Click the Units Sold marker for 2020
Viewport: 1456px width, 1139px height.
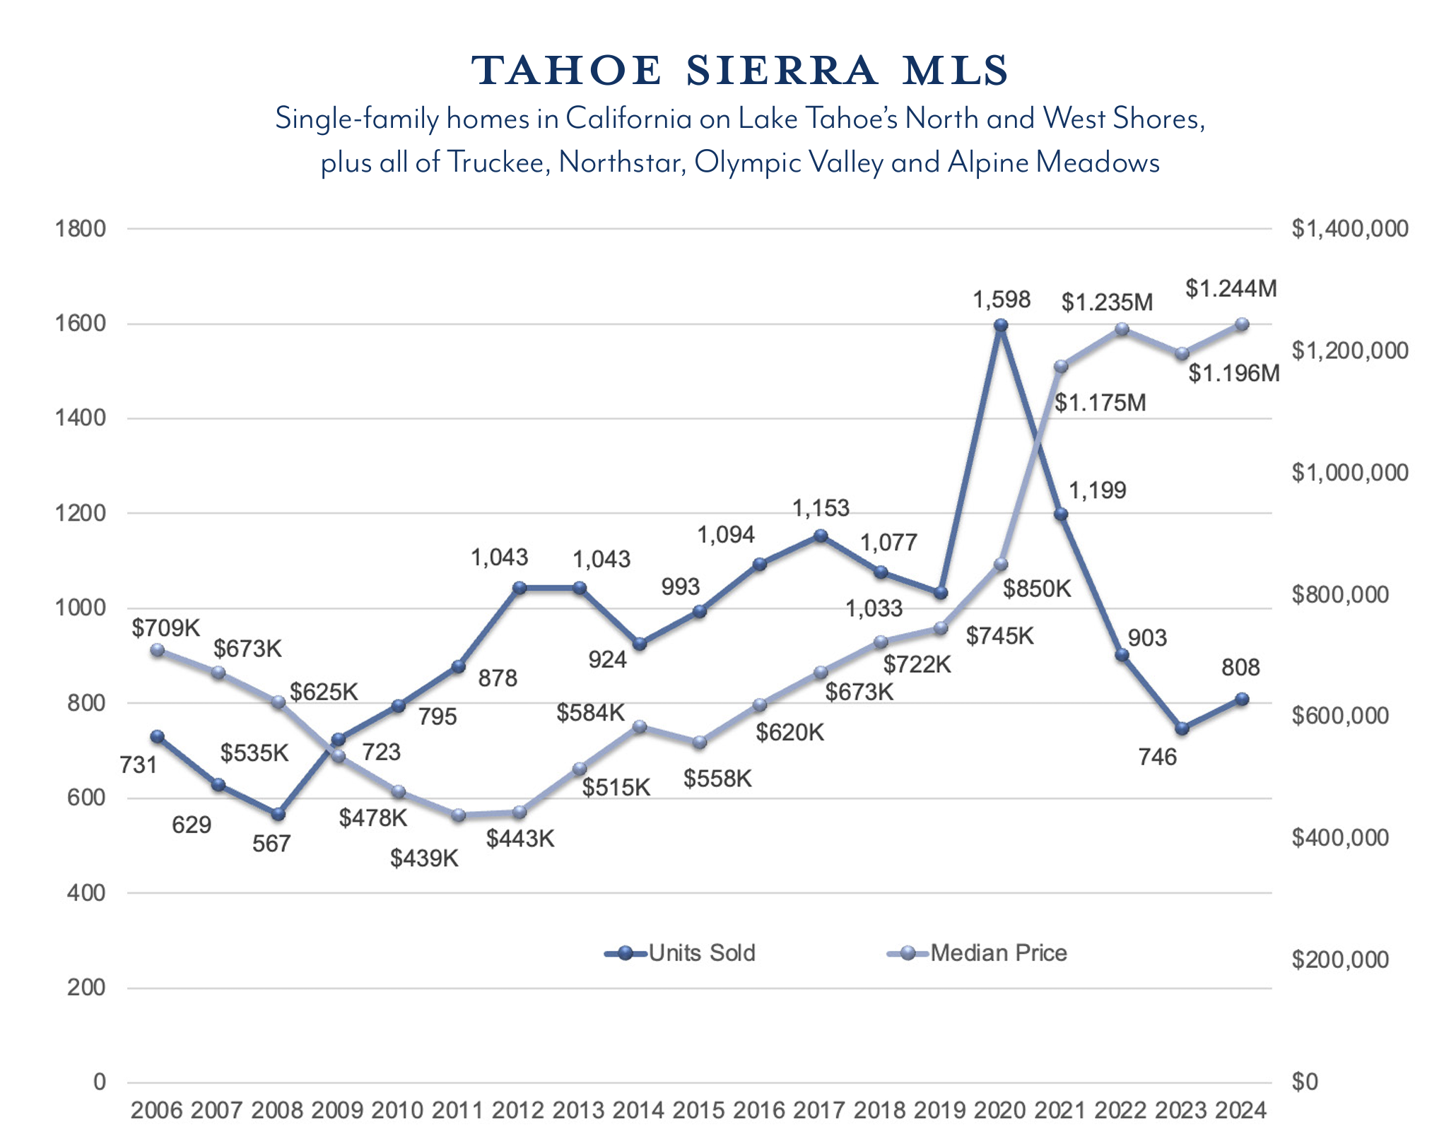click(1001, 325)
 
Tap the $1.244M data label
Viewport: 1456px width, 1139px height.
click(1231, 288)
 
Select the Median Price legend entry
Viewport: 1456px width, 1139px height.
click(977, 953)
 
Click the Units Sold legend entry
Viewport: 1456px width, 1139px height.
click(681, 953)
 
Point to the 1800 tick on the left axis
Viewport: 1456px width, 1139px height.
click(80, 229)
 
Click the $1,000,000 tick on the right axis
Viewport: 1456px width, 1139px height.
click(1349, 473)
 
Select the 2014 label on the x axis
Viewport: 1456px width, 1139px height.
click(638, 1110)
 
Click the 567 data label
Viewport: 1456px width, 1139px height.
click(271, 844)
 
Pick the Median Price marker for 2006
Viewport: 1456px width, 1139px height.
click(158, 650)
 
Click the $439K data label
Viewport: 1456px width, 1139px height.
click(424, 858)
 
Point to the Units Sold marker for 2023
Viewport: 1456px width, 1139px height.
click(1182, 728)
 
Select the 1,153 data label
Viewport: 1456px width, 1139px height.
click(821, 508)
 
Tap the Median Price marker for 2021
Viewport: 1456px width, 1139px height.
click(1061, 366)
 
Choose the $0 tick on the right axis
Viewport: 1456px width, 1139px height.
click(1304, 1082)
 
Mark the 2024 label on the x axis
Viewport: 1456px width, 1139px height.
click(1241, 1110)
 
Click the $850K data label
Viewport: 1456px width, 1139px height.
click(1038, 588)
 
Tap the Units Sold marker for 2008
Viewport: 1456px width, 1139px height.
click(278, 814)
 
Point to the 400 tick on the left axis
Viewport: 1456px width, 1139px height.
click(86, 892)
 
